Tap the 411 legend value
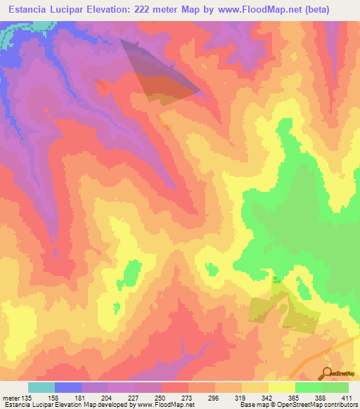coord(347,397)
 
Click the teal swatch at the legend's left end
coord(41,387)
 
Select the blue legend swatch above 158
coord(68,387)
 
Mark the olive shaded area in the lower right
coord(281,313)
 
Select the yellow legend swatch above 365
coord(282,387)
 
